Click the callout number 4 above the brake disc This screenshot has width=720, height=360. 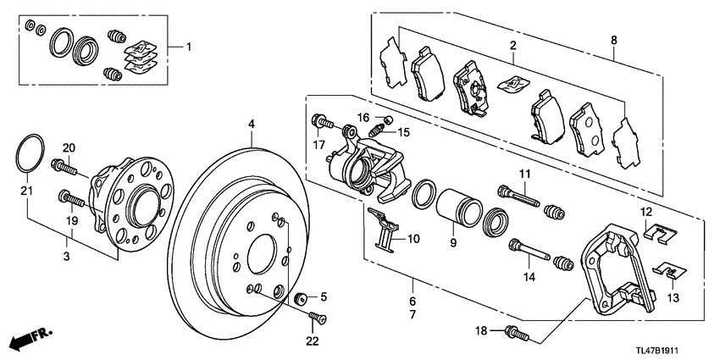251,125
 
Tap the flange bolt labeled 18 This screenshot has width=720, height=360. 516,333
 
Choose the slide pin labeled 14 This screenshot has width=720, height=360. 525,251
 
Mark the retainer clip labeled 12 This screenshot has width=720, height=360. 653,230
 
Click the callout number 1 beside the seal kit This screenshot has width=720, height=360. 189,45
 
